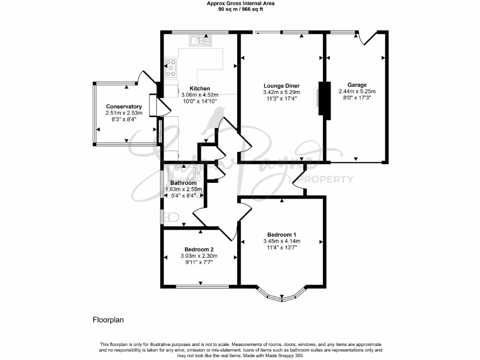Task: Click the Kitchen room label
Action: (199, 89)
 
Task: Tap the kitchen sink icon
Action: (201, 41)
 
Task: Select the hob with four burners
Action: (171, 68)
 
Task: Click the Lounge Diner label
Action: (281, 86)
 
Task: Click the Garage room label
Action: (357, 85)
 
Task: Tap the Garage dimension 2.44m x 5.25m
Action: (357, 92)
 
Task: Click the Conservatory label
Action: (124, 107)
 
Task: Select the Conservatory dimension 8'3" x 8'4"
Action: (124, 120)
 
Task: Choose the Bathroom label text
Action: (183, 183)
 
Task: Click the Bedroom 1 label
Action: (281, 234)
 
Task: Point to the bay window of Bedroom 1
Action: (282, 295)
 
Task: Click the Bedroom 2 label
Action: (199, 249)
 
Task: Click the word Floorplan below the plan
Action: (108, 320)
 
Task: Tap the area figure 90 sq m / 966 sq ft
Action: (240, 9)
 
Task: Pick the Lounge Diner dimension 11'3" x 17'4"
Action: (281, 99)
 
